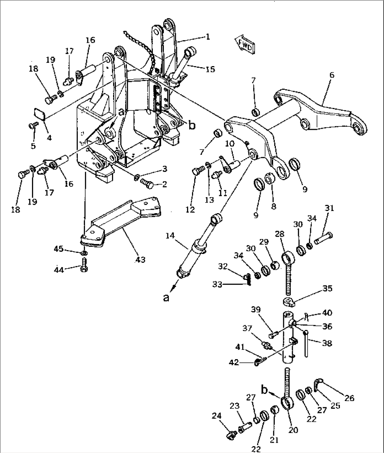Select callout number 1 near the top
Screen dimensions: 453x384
click(x=208, y=36)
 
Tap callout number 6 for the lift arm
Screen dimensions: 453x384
click(x=332, y=75)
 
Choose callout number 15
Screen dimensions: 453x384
click(x=210, y=69)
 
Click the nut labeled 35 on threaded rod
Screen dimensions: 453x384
click(x=289, y=301)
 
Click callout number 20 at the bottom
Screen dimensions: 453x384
click(x=293, y=430)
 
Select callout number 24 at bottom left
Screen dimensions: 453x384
click(x=217, y=416)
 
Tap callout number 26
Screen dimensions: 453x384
click(x=349, y=398)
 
